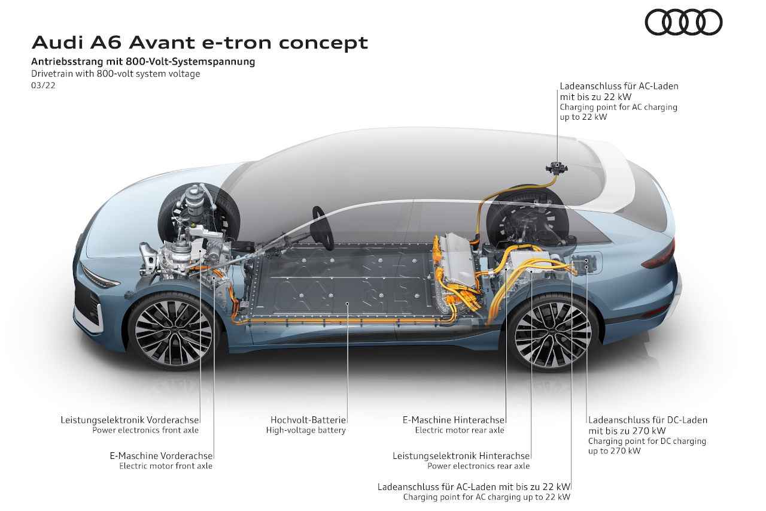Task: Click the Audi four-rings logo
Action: click(x=683, y=22)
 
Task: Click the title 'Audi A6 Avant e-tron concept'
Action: click(x=199, y=43)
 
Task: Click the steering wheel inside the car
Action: click(x=323, y=227)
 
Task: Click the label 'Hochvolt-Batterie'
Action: click(x=308, y=420)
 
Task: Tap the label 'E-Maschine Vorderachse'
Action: click(x=161, y=455)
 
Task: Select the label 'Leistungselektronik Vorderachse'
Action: click(x=129, y=420)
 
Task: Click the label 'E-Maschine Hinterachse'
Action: click(x=454, y=420)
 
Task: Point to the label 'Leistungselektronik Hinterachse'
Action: click(x=461, y=455)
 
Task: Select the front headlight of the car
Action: click(x=99, y=277)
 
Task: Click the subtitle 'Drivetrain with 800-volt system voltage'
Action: click(x=115, y=74)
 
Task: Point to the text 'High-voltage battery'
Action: click(x=306, y=430)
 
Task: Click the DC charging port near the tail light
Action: click(x=583, y=263)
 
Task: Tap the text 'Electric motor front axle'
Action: click(x=166, y=465)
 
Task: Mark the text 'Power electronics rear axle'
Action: click(x=478, y=465)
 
